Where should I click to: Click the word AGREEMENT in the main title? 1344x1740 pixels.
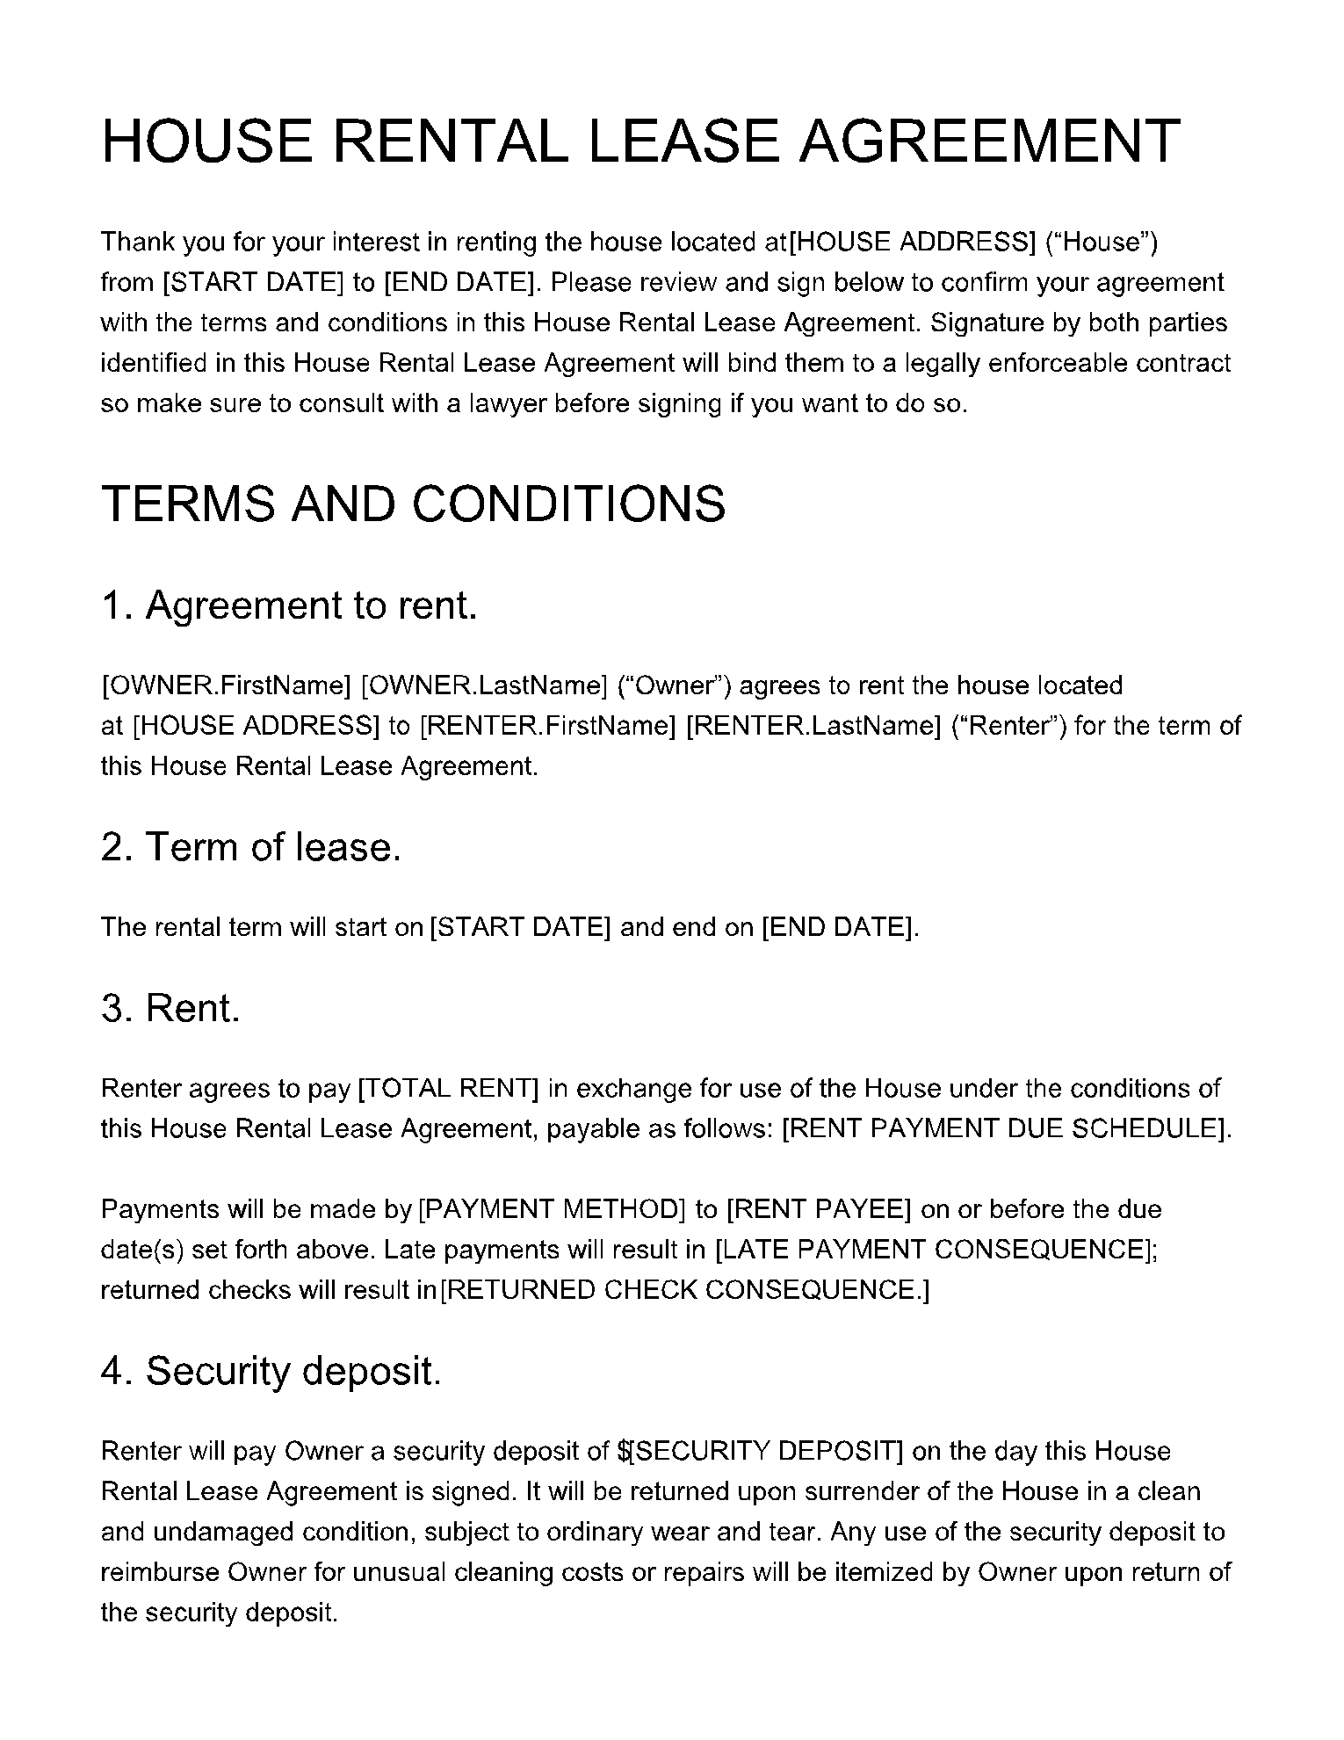(x=989, y=141)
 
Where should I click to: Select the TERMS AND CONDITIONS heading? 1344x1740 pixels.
(x=413, y=504)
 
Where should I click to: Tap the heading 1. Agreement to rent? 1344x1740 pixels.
(x=289, y=605)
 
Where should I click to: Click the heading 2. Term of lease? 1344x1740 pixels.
(x=250, y=847)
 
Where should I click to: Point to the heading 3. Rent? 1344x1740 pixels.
(x=170, y=1008)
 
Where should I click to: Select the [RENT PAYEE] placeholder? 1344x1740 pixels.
(x=819, y=1209)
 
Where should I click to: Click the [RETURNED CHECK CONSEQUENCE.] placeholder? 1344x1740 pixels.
(x=684, y=1290)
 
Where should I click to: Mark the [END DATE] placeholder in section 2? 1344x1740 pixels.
(x=838, y=927)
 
